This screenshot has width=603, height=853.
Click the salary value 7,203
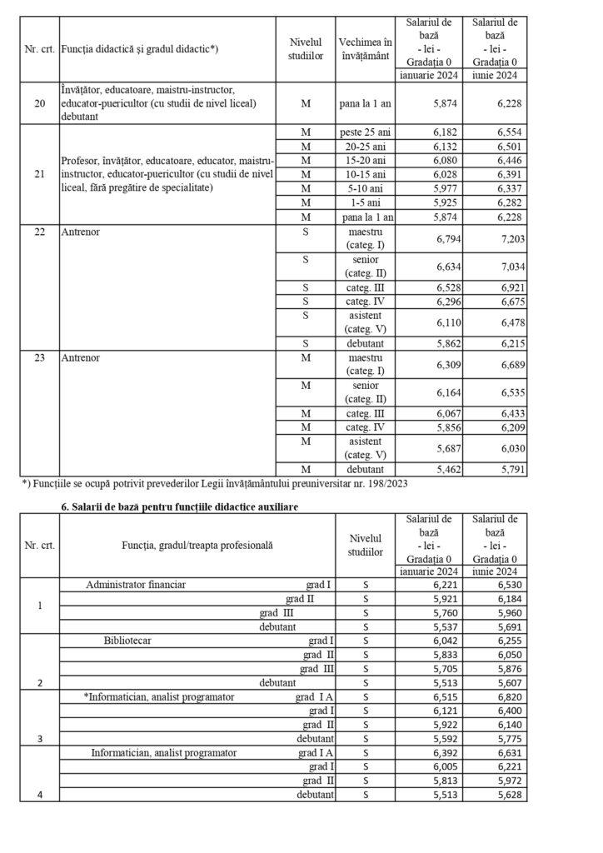click(x=509, y=238)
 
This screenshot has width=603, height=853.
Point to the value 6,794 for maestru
click(x=444, y=238)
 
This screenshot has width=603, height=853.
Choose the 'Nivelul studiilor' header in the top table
click(x=304, y=48)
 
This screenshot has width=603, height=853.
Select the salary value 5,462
click(x=444, y=470)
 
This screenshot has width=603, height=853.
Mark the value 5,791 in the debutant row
click(x=509, y=470)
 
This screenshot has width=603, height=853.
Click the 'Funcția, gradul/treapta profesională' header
click(x=197, y=544)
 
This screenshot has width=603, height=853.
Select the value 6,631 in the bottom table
click(x=509, y=753)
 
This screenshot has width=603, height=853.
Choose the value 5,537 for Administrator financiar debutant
click(x=444, y=626)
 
